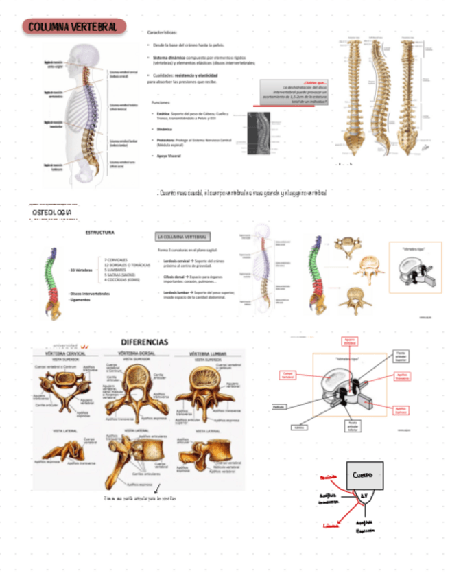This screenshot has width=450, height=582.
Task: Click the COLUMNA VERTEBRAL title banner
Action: [x=74, y=27]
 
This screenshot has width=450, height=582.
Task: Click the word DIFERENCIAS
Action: [x=144, y=342]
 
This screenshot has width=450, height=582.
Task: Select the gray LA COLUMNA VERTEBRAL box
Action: [x=182, y=237]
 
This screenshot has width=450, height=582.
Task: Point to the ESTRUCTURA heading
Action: [x=99, y=233]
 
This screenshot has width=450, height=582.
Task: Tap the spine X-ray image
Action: [x=259, y=135]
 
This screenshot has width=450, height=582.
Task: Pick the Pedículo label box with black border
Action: [x=279, y=406]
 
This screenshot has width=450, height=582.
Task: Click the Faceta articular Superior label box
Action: [x=401, y=356]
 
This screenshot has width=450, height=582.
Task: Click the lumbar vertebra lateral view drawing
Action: [x=206, y=456]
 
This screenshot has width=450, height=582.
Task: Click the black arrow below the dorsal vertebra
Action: [x=158, y=489]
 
